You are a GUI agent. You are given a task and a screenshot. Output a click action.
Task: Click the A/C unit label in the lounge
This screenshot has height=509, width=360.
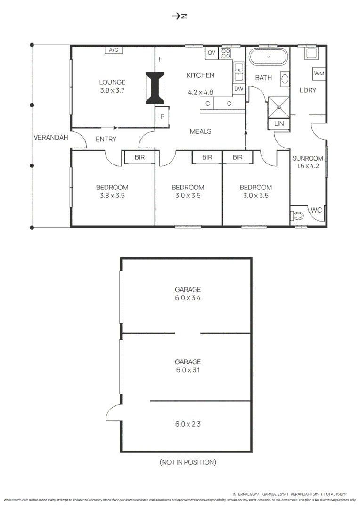pos(114,50)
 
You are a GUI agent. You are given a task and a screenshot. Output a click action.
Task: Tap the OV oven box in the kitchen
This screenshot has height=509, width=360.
pos(212,53)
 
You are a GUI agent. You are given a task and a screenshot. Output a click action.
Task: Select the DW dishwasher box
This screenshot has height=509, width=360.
pos(239,89)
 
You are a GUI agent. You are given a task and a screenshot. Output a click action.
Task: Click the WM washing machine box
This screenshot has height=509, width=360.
pos(319,74)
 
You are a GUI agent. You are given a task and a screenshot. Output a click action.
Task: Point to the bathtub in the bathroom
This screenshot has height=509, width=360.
pos(268,57)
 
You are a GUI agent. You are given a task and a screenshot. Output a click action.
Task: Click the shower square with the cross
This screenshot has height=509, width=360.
pos(278,107)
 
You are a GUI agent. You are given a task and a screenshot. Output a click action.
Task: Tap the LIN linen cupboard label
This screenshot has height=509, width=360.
pos(278,123)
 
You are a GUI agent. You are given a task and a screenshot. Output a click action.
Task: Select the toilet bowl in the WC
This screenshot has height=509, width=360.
pos(299,216)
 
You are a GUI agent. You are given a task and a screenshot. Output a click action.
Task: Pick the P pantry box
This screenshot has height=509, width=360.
pos(163,116)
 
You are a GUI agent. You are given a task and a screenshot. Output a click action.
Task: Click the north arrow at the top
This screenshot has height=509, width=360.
pos(179,16)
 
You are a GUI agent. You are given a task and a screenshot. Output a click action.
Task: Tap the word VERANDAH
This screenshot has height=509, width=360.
pos(51,138)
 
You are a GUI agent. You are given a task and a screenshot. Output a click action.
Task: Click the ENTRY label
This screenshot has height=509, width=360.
pos(106,139)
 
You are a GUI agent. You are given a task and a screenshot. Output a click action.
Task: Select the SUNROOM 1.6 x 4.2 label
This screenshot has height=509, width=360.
pos(308,162)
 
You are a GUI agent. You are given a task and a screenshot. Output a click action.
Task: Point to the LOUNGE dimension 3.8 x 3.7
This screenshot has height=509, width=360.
pos(112,91)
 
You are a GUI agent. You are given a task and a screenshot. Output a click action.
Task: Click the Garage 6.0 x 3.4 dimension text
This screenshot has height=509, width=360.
pos(188,298)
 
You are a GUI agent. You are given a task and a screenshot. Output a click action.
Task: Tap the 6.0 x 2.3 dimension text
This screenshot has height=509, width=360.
pos(188,424)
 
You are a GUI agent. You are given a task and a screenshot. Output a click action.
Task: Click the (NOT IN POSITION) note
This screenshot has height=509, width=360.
pos(188,462)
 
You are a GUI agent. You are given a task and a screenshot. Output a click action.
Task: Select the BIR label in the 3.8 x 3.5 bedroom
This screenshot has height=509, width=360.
pos(139,157)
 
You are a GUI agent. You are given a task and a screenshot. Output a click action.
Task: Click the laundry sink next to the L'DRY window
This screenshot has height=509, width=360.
pos(311,54)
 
